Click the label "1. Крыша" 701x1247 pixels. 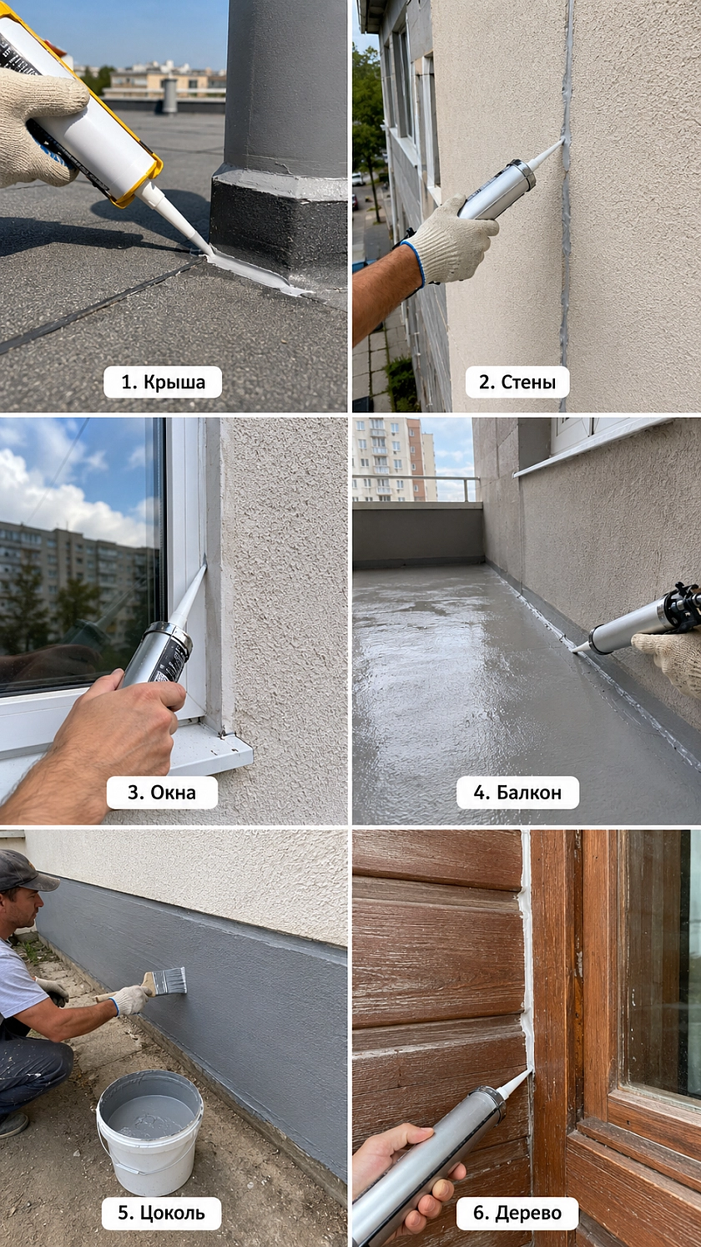pyautogui.click(x=163, y=382)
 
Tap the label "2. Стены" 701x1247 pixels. pyautogui.click(x=517, y=382)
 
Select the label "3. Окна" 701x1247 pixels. pyautogui.click(x=162, y=792)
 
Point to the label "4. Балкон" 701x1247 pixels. pyautogui.click(x=517, y=792)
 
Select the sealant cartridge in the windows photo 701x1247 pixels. pyautogui.click(x=158, y=655)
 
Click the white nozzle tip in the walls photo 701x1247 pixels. pyautogui.click(x=562, y=141)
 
